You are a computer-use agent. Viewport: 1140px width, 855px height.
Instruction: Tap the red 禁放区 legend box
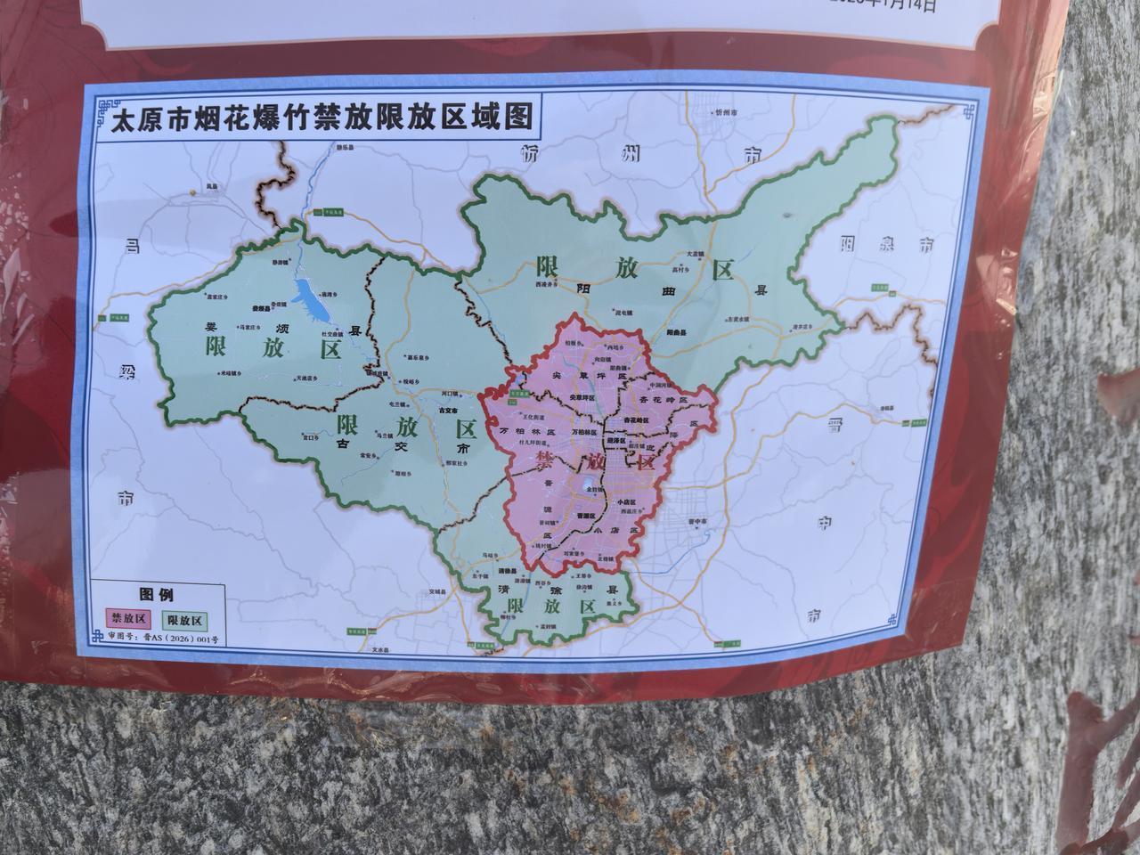point(128,617)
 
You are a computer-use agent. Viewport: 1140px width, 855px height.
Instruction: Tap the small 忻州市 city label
point(727,113)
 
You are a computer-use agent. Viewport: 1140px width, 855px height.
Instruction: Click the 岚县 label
point(211,186)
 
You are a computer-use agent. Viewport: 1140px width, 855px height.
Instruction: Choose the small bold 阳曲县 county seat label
point(674,329)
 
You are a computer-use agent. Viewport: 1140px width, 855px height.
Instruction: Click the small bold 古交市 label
point(448,411)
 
